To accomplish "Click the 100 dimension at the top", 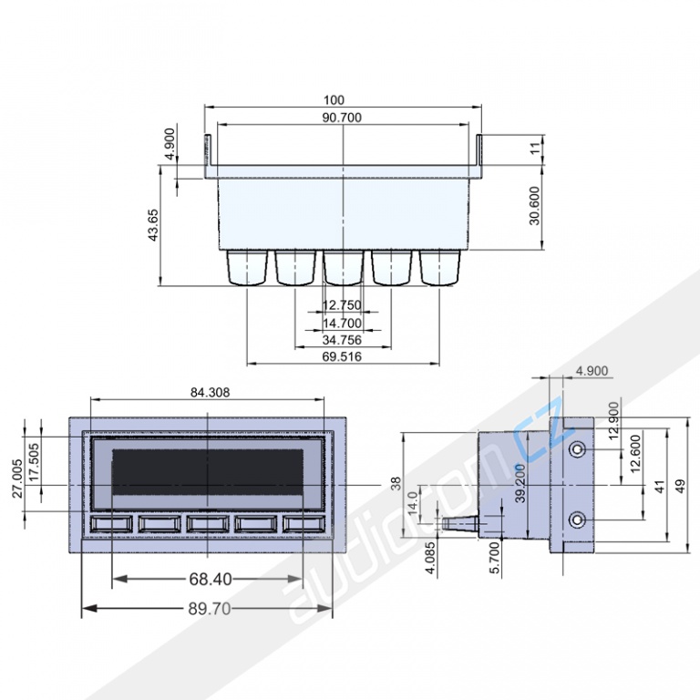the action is pyautogui.click(x=334, y=100).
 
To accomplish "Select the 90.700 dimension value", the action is pyautogui.click(x=342, y=118).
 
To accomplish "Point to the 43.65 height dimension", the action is pyautogui.click(x=153, y=225).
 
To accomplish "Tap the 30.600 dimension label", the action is pyautogui.click(x=534, y=206).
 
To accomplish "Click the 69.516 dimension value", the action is pyautogui.click(x=342, y=356).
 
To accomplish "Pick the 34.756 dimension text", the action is pyautogui.click(x=342, y=340).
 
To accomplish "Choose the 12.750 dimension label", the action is pyautogui.click(x=342, y=305).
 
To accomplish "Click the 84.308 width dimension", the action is pyautogui.click(x=210, y=393).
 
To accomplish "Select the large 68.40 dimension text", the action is pyautogui.click(x=211, y=579).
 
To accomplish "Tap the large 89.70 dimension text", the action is pyautogui.click(x=210, y=609).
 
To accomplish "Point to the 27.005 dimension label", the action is pyautogui.click(x=17, y=479).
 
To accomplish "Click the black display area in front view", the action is pyautogui.click(x=208, y=472).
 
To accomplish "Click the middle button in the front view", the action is pyautogui.click(x=208, y=524).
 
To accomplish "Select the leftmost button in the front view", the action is pyautogui.click(x=111, y=524).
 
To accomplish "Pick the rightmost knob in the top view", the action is pyautogui.click(x=439, y=267).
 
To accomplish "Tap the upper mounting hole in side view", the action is pyautogui.click(x=578, y=448).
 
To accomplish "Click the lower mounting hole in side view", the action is pyautogui.click(x=578, y=520).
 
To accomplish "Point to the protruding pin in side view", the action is pyautogui.click(x=459, y=523).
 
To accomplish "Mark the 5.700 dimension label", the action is pyautogui.click(x=495, y=558).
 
